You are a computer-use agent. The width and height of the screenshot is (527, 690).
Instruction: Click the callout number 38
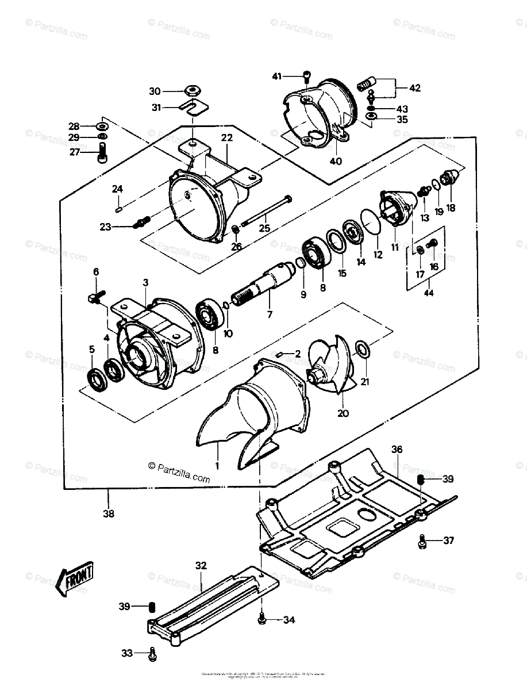108,513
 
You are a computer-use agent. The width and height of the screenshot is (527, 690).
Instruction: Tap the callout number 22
226,138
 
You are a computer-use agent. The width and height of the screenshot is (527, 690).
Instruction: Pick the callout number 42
415,88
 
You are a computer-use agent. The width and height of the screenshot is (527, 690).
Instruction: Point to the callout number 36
397,448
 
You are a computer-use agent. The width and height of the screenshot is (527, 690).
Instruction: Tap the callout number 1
218,464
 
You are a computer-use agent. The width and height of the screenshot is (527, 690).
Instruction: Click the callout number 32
200,566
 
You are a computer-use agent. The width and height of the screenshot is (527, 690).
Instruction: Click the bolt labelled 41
307,75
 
